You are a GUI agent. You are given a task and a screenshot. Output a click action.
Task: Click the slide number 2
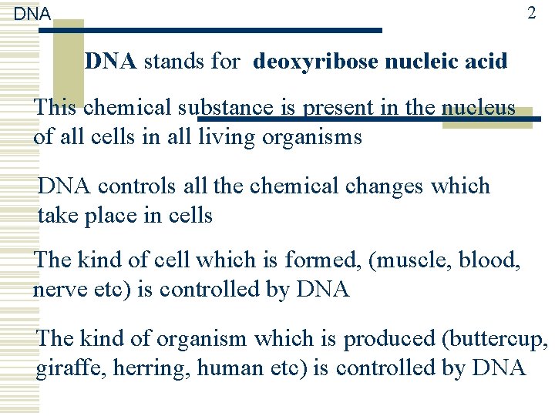[531, 12]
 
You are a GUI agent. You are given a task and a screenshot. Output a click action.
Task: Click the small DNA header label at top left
[32, 15]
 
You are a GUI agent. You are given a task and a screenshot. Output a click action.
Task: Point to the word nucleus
[478, 108]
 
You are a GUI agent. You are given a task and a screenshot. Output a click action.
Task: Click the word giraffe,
[72, 369]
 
